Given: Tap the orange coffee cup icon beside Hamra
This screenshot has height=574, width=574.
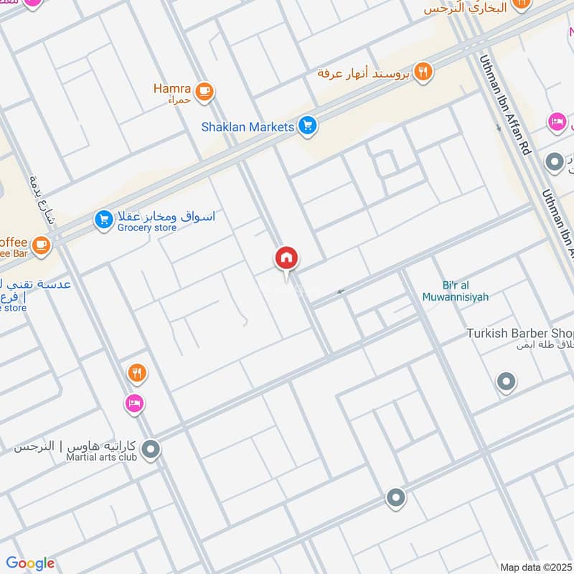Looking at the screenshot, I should click(x=204, y=91).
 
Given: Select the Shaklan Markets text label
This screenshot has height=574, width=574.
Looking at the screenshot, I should click(x=248, y=127).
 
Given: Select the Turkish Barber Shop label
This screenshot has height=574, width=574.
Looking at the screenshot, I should click(x=519, y=334).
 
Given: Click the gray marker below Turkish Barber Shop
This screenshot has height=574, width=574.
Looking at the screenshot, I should click(x=507, y=382).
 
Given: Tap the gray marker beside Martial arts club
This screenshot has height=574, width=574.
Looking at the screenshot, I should click(x=151, y=451).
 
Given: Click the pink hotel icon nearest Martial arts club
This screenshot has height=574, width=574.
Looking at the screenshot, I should click(x=133, y=404).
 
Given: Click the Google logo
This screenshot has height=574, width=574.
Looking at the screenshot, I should click(x=30, y=563).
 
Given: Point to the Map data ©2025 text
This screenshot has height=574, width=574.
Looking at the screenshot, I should click(x=535, y=567).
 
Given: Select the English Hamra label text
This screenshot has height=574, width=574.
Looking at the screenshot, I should click(x=172, y=88).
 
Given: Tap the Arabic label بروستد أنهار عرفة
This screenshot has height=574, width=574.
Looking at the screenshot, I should click(x=364, y=72).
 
